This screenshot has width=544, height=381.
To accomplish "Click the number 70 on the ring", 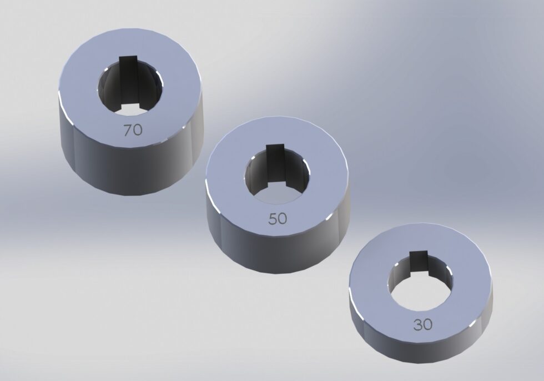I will click(133, 130).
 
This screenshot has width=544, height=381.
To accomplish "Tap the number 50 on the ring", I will click(278, 219).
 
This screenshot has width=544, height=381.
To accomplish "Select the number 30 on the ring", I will click(422, 324).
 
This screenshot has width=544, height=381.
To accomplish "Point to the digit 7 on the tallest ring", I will click(128, 130).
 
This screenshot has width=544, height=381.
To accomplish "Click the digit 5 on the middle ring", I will click(273, 219).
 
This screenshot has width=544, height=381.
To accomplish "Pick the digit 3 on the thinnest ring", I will click(417, 324).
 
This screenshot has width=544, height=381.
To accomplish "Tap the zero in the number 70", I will click(138, 130).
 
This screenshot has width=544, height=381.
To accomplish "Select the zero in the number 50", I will click(283, 219).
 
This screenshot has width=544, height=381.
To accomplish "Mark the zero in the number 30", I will click(427, 324).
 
